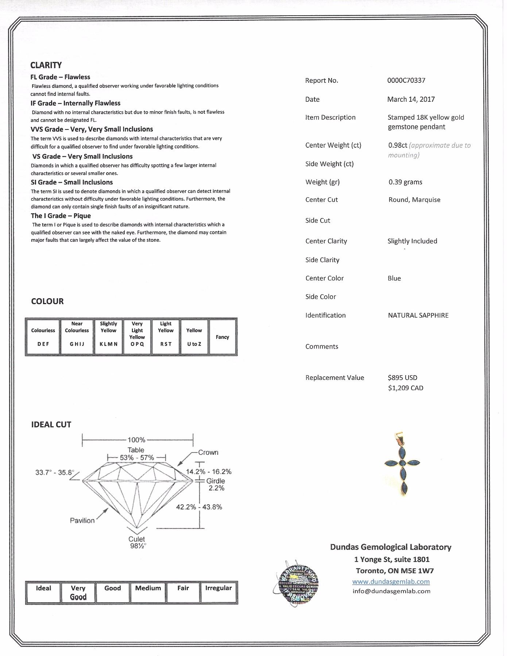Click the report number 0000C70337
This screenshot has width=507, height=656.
(406, 81)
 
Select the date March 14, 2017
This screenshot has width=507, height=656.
(411, 99)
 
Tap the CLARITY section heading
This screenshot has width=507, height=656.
(46, 65)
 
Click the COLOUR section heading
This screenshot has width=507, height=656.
(47, 301)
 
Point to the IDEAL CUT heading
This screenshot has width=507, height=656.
(51, 424)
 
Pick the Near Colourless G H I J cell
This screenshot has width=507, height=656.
(77, 337)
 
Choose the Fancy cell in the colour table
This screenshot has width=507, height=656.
(222, 337)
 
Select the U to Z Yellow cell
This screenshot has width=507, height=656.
(194, 337)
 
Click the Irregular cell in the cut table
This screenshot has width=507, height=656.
(218, 593)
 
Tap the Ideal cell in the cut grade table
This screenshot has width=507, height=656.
(43, 593)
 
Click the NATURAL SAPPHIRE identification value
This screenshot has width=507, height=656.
(418, 315)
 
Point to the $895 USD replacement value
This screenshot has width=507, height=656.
(403, 378)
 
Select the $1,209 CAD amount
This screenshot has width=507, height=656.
(406, 388)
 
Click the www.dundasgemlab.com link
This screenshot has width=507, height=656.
(391, 582)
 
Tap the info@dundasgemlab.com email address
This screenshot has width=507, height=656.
(391, 591)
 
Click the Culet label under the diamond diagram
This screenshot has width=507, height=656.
(137, 539)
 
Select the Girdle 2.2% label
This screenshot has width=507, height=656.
(216, 484)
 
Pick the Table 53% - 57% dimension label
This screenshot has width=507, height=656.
(136, 454)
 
